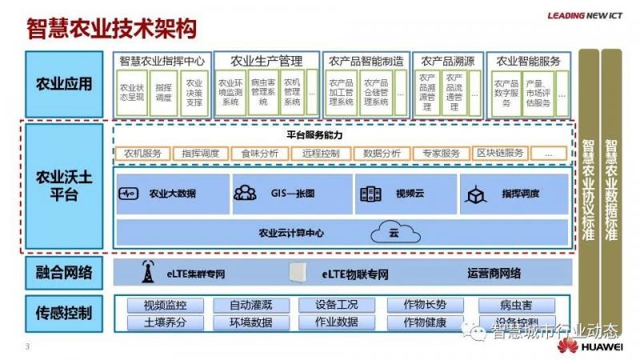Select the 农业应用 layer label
[x=64, y=83]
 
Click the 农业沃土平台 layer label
[x=64, y=186]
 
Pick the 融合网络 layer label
[x=64, y=273]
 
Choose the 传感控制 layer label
[x=64, y=312]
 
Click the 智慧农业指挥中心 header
[x=162, y=61]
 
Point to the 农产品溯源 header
[x=448, y=61]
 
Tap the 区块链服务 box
[x=501, y=153]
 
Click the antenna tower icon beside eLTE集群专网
[x=148, y=272]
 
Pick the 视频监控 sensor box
[x=165, y=305]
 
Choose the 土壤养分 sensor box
[x=165, y=322]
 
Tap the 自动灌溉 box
[x=251, y=305]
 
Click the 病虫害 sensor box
[x=516, y=305]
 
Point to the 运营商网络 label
[x=494, y=274]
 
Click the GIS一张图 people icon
[x=245, y=193]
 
